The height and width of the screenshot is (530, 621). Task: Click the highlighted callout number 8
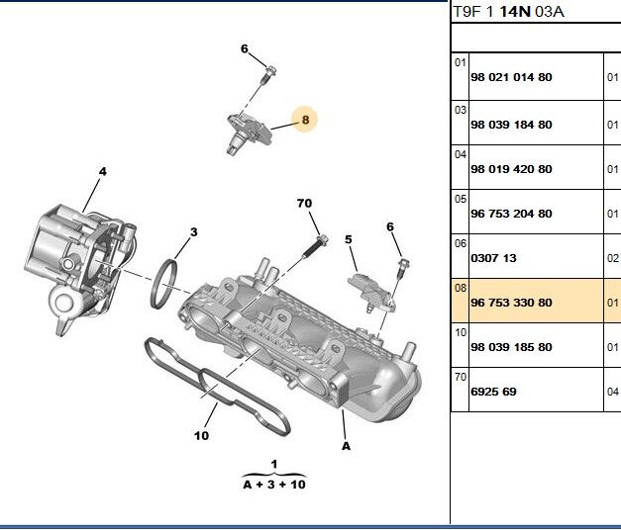(x=305, y=121)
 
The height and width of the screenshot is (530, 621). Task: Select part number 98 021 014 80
(x=510, y=77)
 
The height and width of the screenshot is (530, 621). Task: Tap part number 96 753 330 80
(x=510, y=303)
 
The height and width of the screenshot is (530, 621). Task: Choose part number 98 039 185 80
(x=510, y=347)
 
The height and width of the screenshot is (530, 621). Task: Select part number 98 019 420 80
(x=510, y=169)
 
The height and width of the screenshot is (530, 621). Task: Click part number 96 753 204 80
(x=510, y=214)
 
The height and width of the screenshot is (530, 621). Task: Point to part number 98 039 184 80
(x=510, y=125)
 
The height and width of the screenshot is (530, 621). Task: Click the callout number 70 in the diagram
(x=304, y=203)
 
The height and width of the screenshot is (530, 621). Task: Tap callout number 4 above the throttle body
(x=102, y=172)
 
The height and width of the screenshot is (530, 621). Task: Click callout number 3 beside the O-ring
(x=193, y=232)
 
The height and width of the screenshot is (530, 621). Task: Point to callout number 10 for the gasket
(x=201, y=435)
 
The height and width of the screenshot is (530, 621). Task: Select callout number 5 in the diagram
(x=349, y=239)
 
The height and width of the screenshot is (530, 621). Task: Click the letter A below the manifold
(x=347, y=446)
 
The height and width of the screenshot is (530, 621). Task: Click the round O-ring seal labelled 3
(x=165, y=283)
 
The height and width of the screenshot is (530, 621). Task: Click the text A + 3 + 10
(x=274, y=485)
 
